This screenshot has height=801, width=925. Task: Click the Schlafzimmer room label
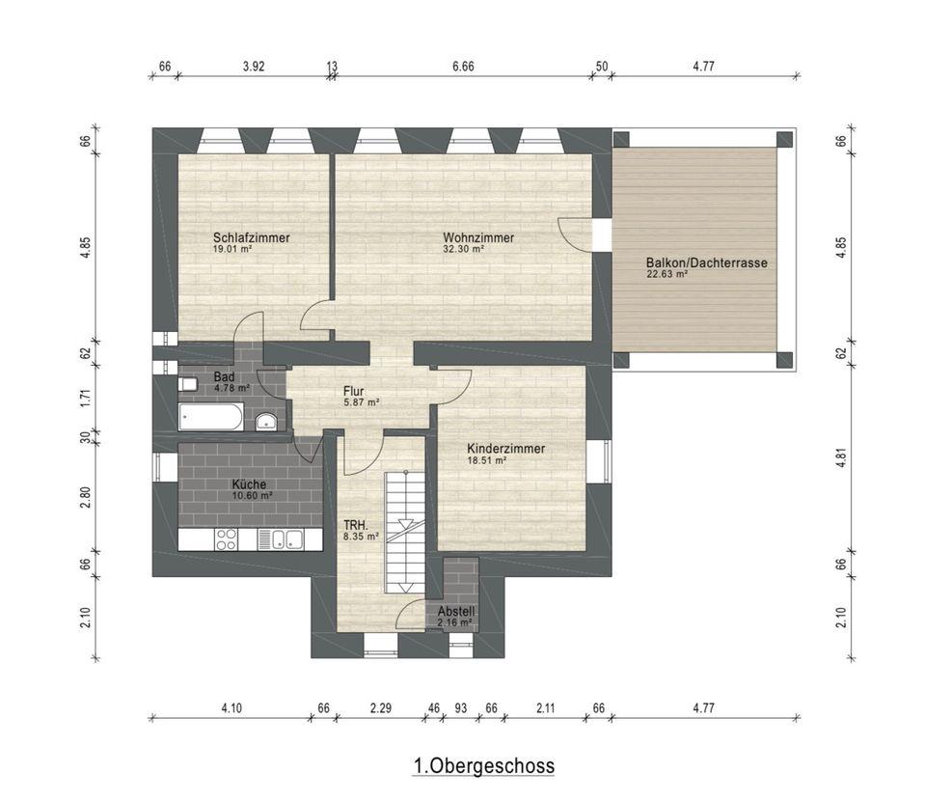click(252, 237)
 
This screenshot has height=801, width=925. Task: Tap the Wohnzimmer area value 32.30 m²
click(464, 249)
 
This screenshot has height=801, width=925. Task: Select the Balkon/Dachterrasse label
click(707, 262)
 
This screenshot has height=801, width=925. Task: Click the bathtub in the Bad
click(210, 416)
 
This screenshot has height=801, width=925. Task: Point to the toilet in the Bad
click(187, 385)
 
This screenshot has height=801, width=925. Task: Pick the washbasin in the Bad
click(266, 422)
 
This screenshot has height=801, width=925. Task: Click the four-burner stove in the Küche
click(227, 539)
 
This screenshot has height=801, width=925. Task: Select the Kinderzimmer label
click(505, 449)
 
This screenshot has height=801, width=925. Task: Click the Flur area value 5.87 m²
click(361, 402)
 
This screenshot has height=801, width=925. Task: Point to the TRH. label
click(356, 525)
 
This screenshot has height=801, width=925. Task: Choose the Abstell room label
click(456, 612)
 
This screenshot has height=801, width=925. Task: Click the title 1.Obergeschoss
click(484, 765)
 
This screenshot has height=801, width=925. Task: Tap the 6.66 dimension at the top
click(463, 67)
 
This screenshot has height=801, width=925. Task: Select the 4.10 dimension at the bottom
click(231, 707)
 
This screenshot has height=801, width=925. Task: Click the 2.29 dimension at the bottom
click(380, 707)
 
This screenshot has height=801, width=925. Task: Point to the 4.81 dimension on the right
click(841, 458)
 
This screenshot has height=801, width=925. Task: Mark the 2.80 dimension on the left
click(86, 497)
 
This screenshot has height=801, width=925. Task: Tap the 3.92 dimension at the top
click(254, 67)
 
